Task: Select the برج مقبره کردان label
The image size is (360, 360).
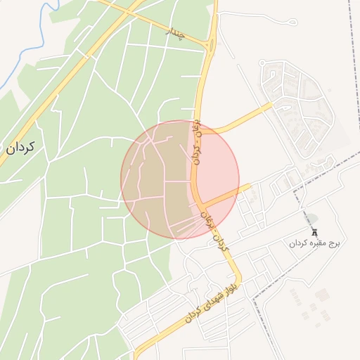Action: point(314,243)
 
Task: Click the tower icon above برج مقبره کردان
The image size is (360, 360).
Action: point(314,231)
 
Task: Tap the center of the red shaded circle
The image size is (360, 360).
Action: point(180,179)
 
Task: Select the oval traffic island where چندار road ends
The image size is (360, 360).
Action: point(210,46)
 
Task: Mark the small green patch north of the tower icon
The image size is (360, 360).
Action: point(311,219)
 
